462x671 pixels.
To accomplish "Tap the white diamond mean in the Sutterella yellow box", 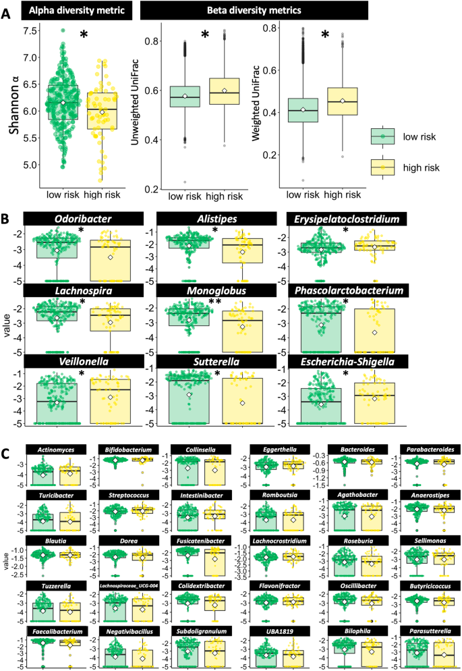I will [x=242, y=402].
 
